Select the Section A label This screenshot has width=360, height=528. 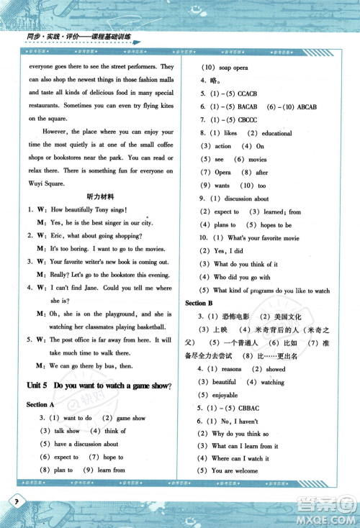pyautogui.click(x=41, y=405)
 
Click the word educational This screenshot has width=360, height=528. pyautogui.click(x=276, y=133)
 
